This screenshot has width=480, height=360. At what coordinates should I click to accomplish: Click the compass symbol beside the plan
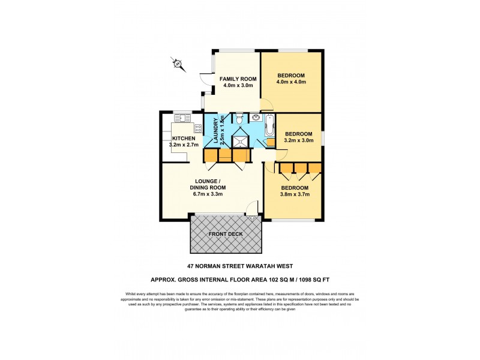point(178,64)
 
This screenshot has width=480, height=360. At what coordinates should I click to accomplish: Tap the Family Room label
point(238,79)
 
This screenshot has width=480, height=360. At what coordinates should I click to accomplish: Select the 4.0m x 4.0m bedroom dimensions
point(292,83)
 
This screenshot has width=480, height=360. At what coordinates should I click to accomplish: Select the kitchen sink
point(181,118)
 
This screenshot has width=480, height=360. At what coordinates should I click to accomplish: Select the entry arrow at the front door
point(251,220)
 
